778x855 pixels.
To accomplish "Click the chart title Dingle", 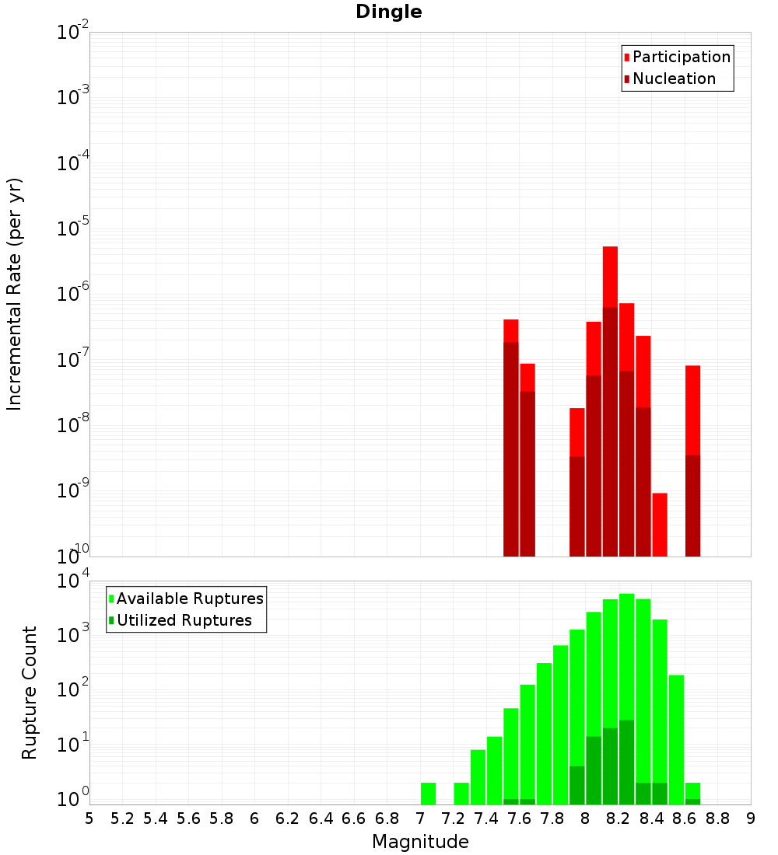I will point(388,12).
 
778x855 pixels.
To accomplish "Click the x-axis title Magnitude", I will point(420,842).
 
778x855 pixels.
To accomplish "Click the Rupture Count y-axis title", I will point(30,693).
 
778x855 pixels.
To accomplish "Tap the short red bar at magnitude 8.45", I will point(660,524).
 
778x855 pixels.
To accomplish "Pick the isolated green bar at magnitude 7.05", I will point(428,793).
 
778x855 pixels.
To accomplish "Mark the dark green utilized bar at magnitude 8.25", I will point(627,762).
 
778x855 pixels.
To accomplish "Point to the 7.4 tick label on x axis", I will point(486,819).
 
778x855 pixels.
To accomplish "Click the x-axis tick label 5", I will point(89,819).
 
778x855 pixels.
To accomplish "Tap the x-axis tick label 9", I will point(751,819).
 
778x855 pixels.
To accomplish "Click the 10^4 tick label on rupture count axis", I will point(75,582).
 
